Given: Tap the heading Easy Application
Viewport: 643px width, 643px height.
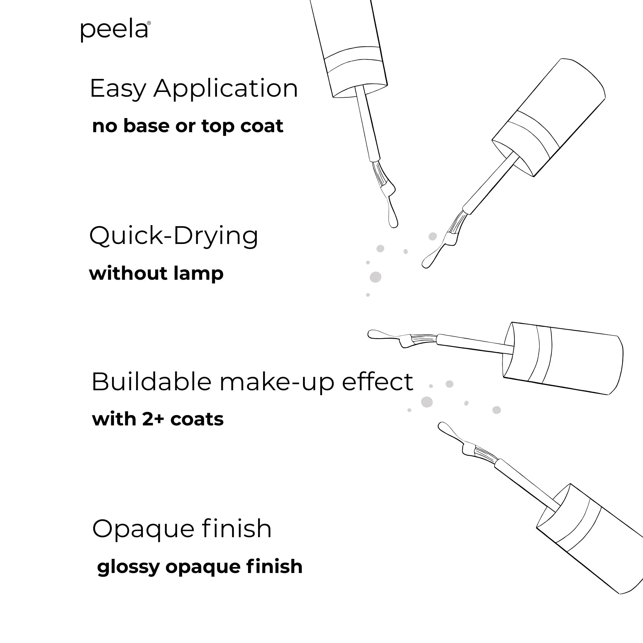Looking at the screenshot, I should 194,89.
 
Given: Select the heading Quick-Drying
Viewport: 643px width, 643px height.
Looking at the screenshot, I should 173,236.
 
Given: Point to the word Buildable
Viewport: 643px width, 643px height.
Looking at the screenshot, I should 151,381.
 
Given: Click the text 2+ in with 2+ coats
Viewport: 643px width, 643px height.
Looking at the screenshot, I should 153,419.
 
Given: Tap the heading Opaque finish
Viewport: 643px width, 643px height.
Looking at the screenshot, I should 182,528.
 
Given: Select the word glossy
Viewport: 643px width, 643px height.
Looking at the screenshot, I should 128,567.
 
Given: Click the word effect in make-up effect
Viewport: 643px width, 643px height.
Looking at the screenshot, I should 377,381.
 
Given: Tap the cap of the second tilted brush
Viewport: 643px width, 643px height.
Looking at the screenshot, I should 549,116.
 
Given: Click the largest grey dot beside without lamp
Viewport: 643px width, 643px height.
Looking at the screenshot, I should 376,277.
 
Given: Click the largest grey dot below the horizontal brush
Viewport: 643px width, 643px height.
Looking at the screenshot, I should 427,402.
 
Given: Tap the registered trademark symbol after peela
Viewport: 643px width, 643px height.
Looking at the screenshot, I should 149,23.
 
